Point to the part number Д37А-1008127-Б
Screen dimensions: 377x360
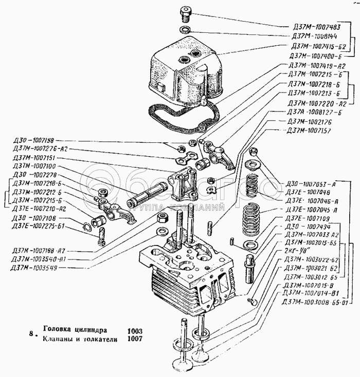314,112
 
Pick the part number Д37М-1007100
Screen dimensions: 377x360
37,166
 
